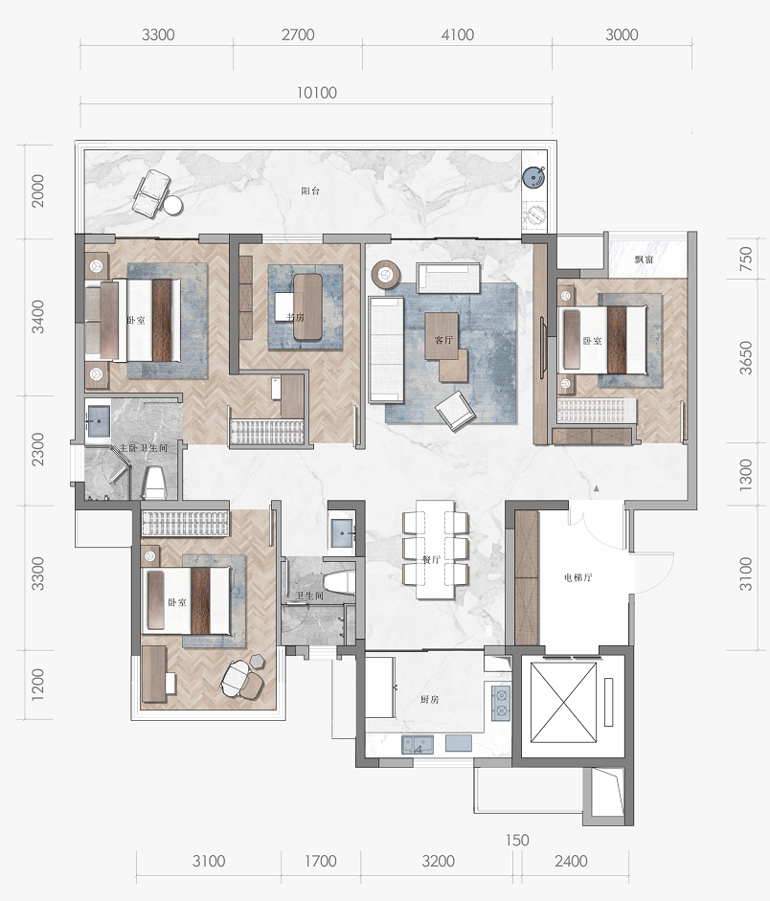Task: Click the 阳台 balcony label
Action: [x=310, y=191]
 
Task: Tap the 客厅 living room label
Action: [x=443, y=340]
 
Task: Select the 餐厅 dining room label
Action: [x=431, y=560]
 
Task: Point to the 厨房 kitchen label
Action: [x=429, y=699]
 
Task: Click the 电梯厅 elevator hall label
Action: [x=577, y=577]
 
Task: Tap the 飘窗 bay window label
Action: [x=644, y=259]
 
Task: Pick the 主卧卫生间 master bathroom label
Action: [x=143, y=447]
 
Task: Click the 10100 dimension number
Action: [x=317, y=93]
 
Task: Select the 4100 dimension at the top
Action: [x=458, y=34]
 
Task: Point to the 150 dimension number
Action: [x=517, y=840]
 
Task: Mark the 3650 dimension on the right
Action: [x=745, y=358]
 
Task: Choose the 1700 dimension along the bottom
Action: [x=321, y=861]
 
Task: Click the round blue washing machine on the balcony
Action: [x=533, y=177]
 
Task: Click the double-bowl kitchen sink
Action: [x=418, y=744]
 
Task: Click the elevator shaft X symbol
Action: [x=564, y=702]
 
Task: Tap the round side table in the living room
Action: [x=385, y=274]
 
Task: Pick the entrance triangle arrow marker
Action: [x=597, y=488]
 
